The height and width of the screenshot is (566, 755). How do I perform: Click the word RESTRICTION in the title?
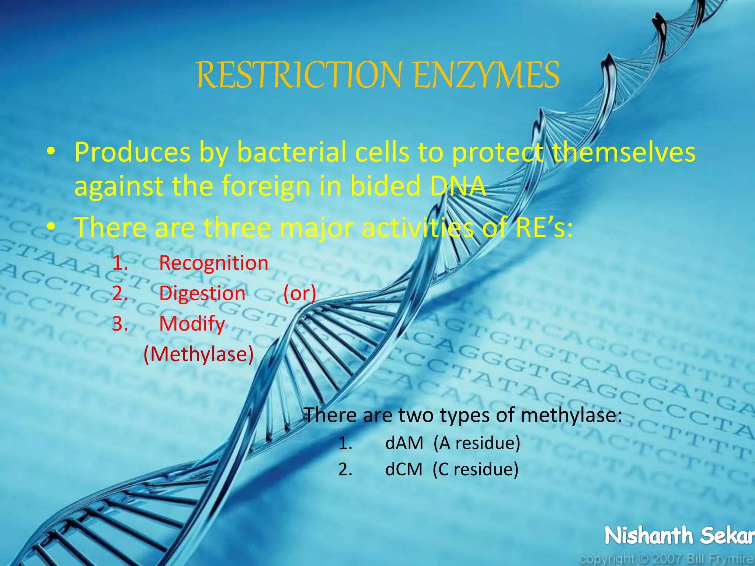click(299, 75)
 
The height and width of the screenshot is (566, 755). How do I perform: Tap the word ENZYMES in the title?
click(486, 75)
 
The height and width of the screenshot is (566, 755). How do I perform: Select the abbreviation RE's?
click(544, 227)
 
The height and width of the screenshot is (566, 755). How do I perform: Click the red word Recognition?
click(213, 263)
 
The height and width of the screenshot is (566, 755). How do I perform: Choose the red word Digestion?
click(202, 294)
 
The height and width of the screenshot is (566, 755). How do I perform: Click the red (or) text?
click(300, 294)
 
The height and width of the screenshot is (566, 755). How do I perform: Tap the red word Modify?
click(192, 324)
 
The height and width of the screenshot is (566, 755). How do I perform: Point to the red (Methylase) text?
click(199, 354)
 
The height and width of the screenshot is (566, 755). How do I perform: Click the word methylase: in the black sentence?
click(571, 415)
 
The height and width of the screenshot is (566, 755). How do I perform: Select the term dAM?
click(404, 443)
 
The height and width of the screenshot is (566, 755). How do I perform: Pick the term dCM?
click(404, 469)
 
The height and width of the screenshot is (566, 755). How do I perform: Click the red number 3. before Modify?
click(120, 324)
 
